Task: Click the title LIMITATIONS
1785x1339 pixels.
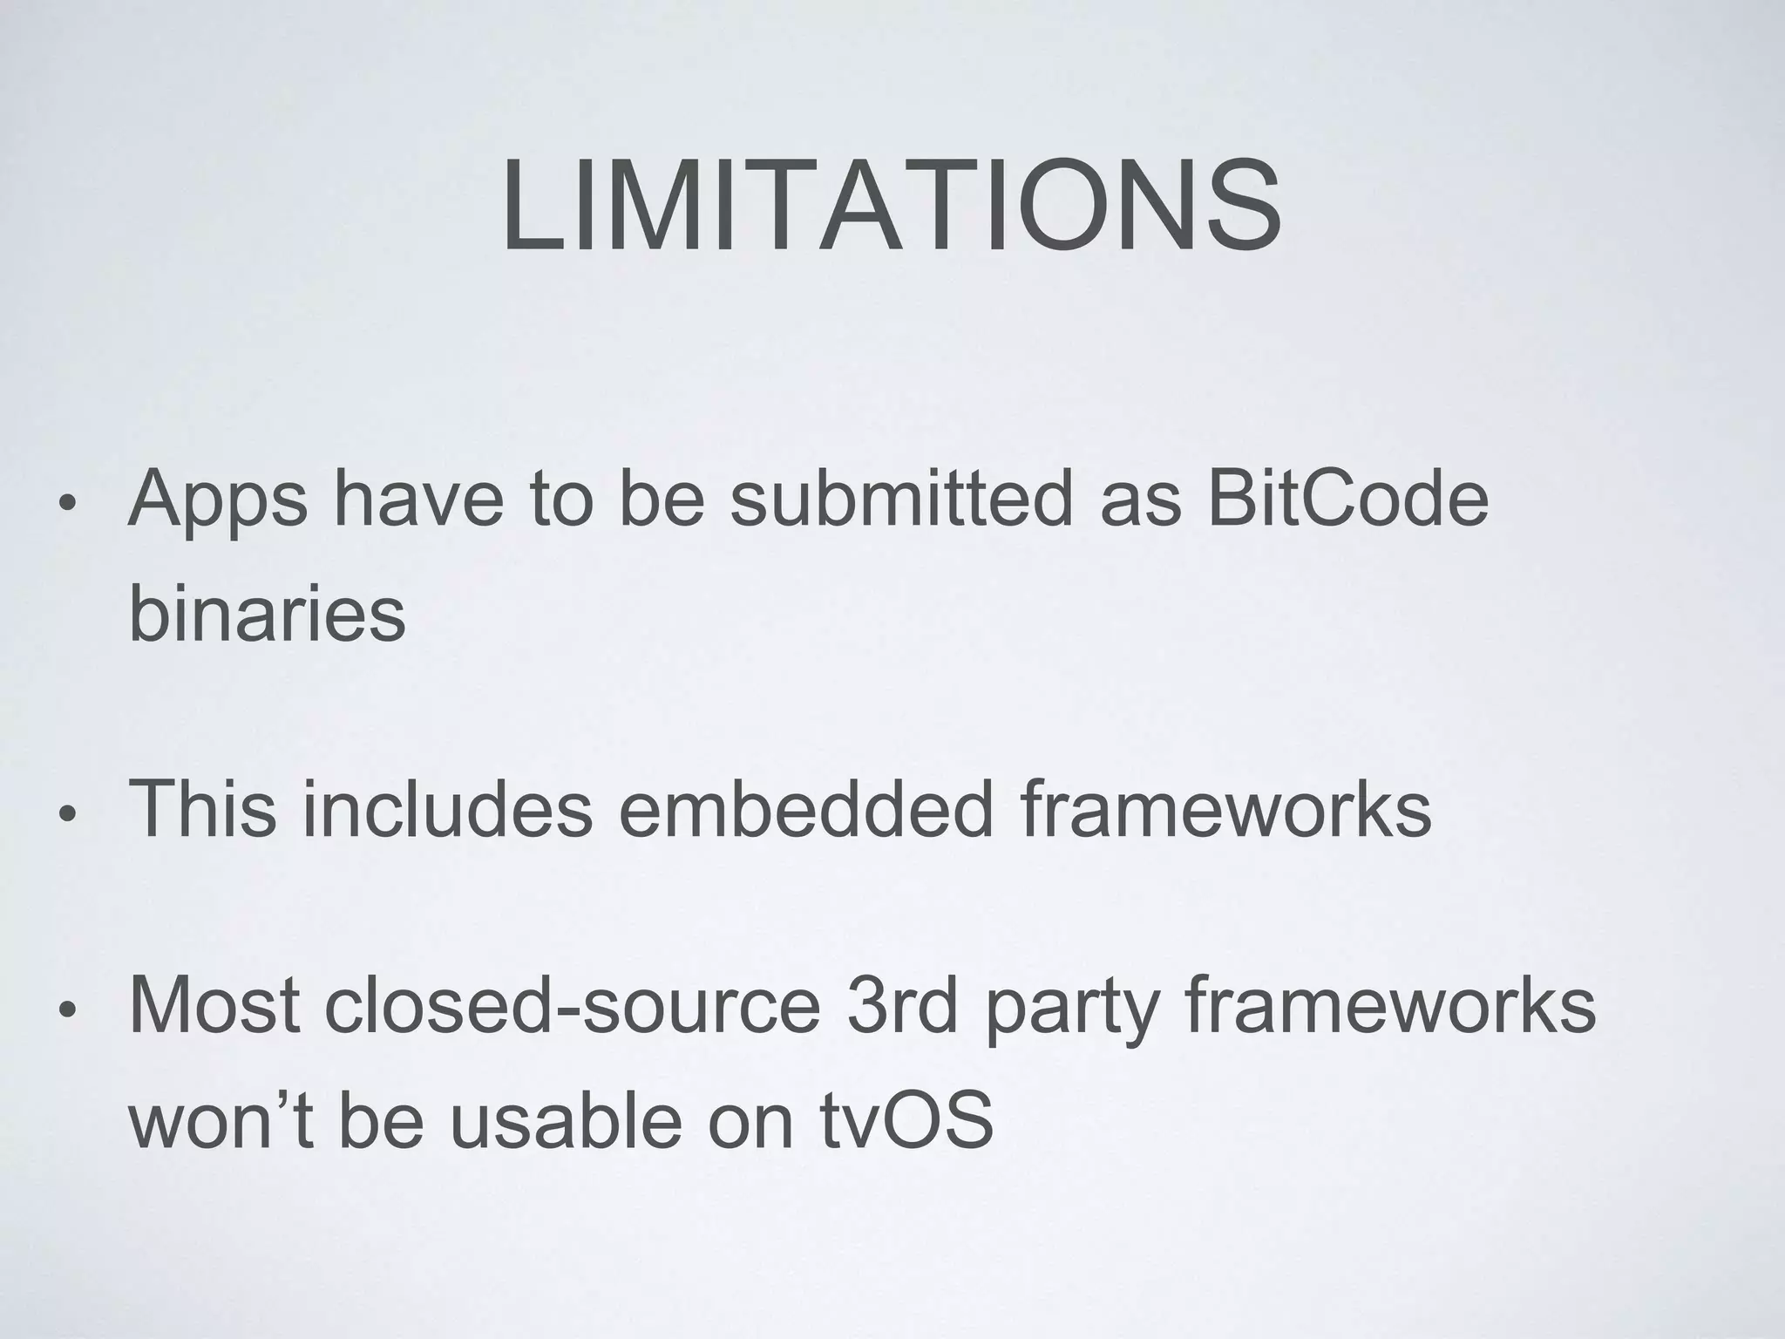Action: coord(891,206)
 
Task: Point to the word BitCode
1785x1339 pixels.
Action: coord(1348,499)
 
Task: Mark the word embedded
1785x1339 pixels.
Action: coord(805,809)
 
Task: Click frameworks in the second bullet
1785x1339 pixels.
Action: coord(1225,809)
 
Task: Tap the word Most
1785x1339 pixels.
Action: coord(214,1006)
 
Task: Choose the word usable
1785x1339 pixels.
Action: coord(565,1119)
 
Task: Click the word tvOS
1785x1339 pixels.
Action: coord(906,1119)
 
